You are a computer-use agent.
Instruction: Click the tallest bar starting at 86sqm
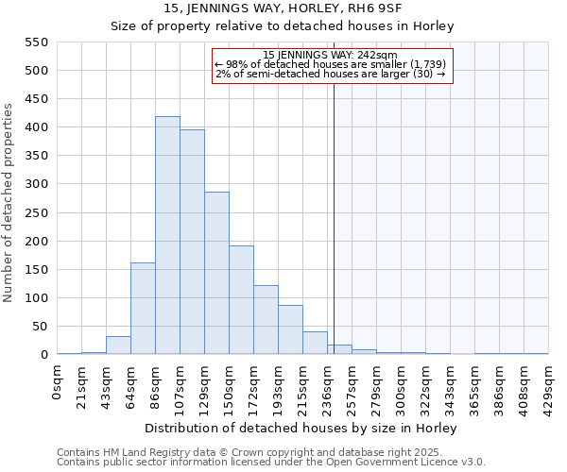coord(167,236)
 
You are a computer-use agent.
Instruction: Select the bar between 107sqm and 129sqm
coord(192,243)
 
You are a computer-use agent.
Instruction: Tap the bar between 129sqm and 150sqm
coord(216,274)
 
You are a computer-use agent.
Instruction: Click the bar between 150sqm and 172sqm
coord(241,300)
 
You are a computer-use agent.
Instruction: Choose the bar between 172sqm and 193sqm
coord(266,320)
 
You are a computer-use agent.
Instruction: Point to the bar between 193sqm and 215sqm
coord(290,330)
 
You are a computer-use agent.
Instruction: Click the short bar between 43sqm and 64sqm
coord(118,346)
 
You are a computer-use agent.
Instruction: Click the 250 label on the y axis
coord(36,213)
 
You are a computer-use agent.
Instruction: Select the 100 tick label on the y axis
coord(36,298)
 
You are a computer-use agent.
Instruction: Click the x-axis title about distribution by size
coord(302,428)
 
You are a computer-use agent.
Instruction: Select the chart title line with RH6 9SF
coord(283,8)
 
